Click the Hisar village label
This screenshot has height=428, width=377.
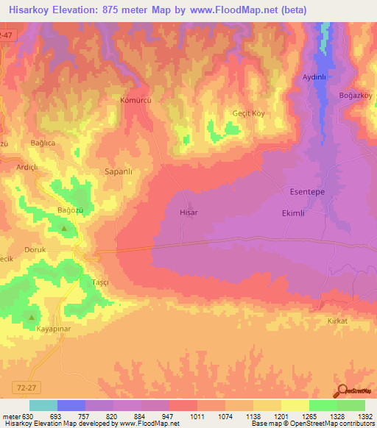click(x=189, y=212)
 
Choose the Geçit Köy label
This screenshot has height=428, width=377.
click(x=247, y=114)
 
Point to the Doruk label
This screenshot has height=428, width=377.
click(x=35, y=250)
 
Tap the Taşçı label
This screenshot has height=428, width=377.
click(x=100, y=282)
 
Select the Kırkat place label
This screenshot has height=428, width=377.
click(x=337, y=321)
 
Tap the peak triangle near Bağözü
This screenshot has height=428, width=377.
click(x=63, y=227)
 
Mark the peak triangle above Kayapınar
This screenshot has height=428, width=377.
click(x=32, y=318)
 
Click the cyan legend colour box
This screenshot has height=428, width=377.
click(x=43, y=405)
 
